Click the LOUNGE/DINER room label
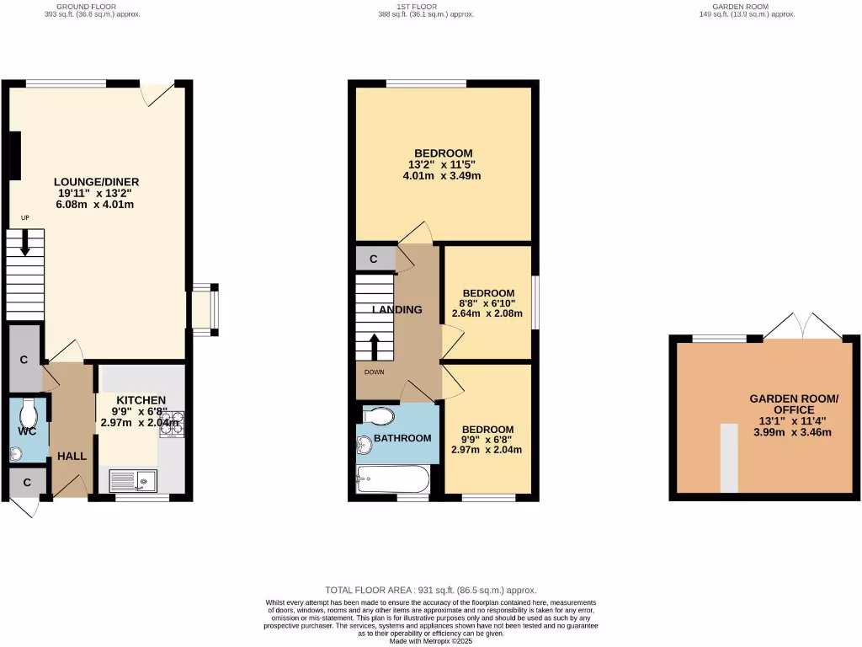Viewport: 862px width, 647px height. (96, 182)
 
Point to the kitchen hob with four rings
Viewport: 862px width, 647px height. (172, 422)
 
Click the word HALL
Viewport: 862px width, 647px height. (72, 457)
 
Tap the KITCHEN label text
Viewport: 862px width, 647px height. (141, 399)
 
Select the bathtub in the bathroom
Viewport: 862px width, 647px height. (392, 480)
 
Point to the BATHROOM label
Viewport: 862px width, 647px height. (402, 438)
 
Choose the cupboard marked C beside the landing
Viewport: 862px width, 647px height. (373, 259)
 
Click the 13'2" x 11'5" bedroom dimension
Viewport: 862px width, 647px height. (442, 165)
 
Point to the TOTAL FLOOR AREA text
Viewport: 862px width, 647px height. (430, 591)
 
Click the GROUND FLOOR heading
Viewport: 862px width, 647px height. (93, 7)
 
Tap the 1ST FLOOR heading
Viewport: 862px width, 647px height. (426, 7)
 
